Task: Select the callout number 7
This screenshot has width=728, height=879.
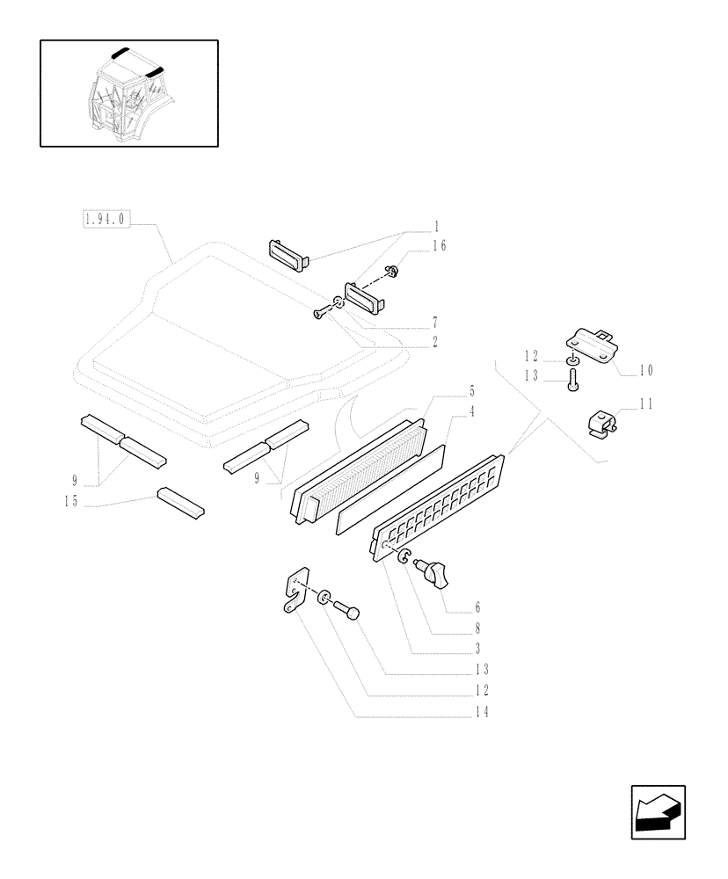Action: coord(435,323)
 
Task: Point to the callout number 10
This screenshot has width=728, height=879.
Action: coord(645,371)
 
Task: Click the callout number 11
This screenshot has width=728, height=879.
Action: coord(645,405)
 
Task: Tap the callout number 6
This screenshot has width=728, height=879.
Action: coord(476,607)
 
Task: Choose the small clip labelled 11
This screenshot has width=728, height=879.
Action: coord(601,424)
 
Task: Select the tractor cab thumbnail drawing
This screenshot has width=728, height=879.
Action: coord(128,92)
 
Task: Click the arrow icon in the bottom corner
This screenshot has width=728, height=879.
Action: coord(658,812)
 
